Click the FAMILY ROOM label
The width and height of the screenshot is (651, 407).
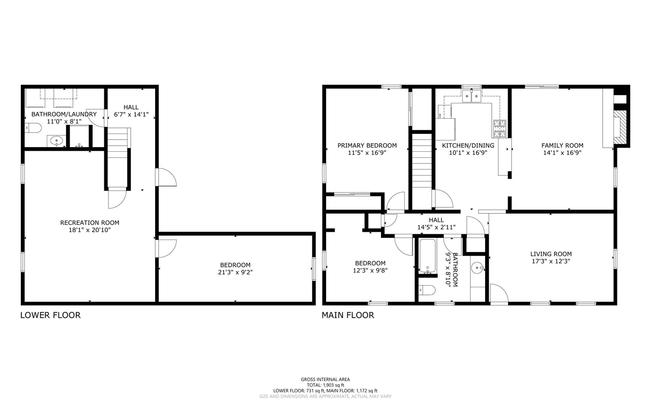562,145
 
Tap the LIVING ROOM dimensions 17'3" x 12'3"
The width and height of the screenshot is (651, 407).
551,261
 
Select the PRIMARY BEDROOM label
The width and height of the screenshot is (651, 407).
367,145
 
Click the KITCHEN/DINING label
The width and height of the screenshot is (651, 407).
468,145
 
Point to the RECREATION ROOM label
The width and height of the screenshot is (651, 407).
90,223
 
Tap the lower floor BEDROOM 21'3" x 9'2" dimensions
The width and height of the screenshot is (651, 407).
235,272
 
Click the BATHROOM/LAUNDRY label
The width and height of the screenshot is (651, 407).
64,114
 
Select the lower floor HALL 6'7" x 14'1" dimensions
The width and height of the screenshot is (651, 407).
131,115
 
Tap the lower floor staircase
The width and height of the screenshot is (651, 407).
118,158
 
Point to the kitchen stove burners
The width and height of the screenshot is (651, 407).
499,128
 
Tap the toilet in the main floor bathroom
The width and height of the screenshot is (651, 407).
426,290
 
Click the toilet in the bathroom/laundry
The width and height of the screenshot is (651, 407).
34,127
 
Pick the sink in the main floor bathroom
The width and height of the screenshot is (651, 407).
478,267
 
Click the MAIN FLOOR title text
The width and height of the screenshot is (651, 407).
347,315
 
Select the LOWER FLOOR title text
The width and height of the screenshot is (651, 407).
50,315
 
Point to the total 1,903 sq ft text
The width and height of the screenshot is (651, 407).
325,385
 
